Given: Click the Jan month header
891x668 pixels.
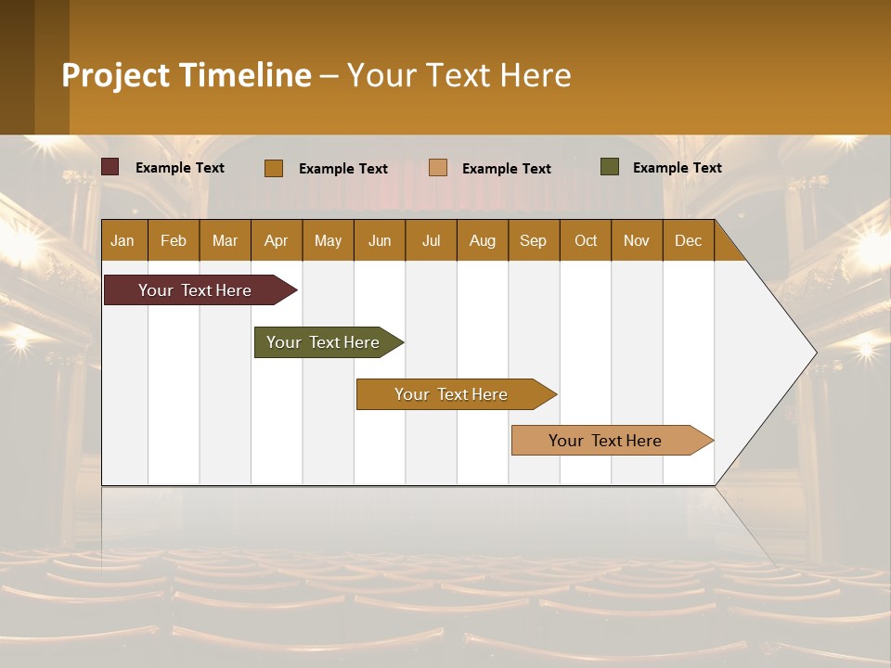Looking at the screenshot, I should [123, 240].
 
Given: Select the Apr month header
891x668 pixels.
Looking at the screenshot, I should [276, 240].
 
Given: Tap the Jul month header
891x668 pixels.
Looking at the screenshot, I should [431, 240].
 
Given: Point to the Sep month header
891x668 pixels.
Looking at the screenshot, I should [533, 240].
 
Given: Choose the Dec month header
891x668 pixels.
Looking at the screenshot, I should [688, 240].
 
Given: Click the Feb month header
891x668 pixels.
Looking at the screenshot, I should [174, 240].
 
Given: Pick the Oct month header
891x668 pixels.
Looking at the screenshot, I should [586, 240].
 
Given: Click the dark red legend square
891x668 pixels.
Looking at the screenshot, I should [110, 167].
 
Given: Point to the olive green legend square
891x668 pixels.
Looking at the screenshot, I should [610, 167].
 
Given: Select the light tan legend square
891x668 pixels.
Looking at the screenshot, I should [438, 168].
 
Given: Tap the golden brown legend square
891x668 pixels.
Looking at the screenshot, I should [274, 168].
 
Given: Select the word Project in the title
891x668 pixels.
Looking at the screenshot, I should [116, 75].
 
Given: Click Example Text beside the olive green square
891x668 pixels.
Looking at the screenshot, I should [677, 168].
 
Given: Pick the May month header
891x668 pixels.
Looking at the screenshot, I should [328, 240].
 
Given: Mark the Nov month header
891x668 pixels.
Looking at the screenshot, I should [637, 240].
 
